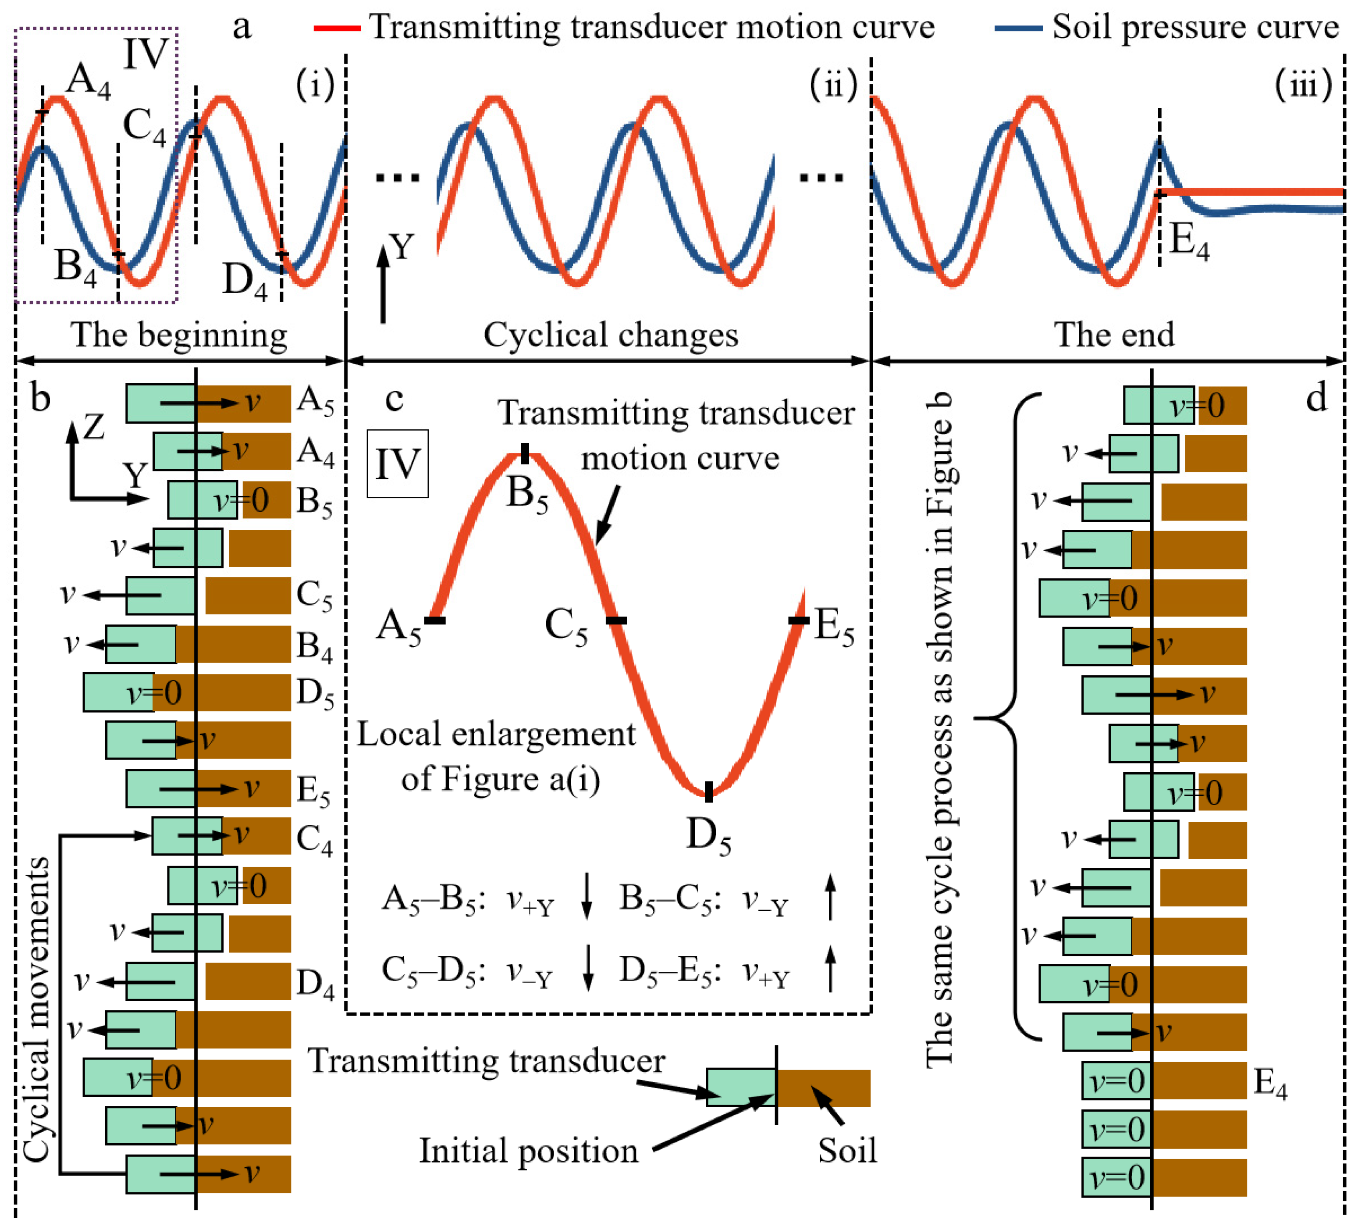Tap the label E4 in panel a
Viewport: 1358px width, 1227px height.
coord(1189,241)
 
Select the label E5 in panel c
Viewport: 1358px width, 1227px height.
coord(834,627)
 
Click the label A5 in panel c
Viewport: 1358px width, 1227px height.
coord(399,627)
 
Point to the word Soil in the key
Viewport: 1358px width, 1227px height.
coord(847,1151)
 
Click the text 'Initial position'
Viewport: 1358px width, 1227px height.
coord(529,1151)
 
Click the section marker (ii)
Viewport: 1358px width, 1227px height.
coord(834,86)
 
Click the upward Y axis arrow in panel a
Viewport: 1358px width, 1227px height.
coord(383,283)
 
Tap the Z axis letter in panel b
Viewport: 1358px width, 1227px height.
coord(94,427)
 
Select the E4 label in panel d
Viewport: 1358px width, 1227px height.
coord(1270,1084)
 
